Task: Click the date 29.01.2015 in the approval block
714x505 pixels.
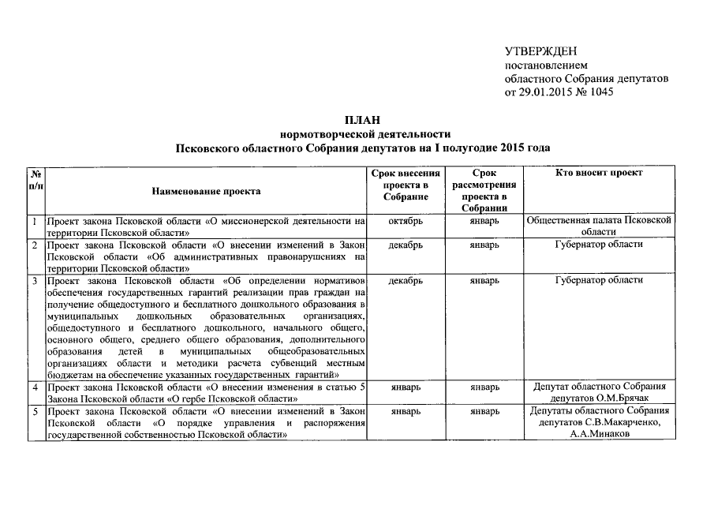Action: tap(543, 92)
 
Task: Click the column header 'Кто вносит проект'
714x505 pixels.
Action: tap(599, 173)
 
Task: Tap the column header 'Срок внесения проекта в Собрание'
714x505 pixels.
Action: tap(406, 185)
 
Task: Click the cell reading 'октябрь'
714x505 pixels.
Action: tap(406, 222)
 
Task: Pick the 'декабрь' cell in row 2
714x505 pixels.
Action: tap(406, 245)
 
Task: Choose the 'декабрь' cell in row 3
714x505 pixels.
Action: tap(406, 280)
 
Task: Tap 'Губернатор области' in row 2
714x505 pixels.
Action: tap(599, 245)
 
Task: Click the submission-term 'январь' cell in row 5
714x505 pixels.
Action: tap(406, 411)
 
